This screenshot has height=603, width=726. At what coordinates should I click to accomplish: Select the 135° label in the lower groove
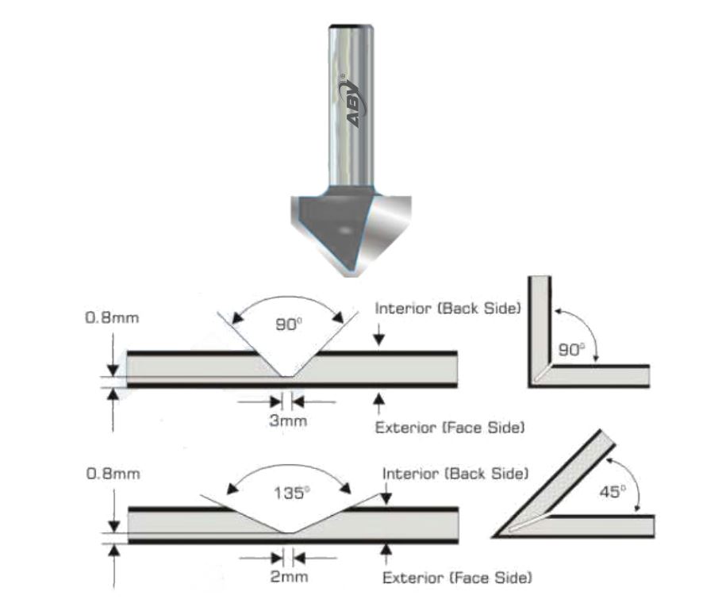click(290, 492)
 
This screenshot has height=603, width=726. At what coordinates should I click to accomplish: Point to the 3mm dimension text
click(287, 421)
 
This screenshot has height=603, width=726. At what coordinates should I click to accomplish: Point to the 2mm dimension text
click(289, 577)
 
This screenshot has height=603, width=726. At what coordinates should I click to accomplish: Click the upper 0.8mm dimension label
click(112, 317)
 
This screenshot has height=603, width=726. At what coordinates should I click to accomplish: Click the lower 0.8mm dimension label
click(112, 474)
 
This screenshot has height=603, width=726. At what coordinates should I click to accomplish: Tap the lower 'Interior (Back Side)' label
click(455, 474)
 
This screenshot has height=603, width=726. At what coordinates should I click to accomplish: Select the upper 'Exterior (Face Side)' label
click(449, 428)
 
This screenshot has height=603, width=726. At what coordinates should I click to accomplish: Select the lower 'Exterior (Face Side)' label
click(457, 577)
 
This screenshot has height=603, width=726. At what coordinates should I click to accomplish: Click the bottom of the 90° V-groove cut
click(287, 377)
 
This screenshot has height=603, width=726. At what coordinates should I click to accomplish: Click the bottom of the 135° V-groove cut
click(289, 532)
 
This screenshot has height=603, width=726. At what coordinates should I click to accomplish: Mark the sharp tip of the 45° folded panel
click(496, 536)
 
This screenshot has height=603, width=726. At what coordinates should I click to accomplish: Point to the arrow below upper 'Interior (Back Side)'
click(379, 338)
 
